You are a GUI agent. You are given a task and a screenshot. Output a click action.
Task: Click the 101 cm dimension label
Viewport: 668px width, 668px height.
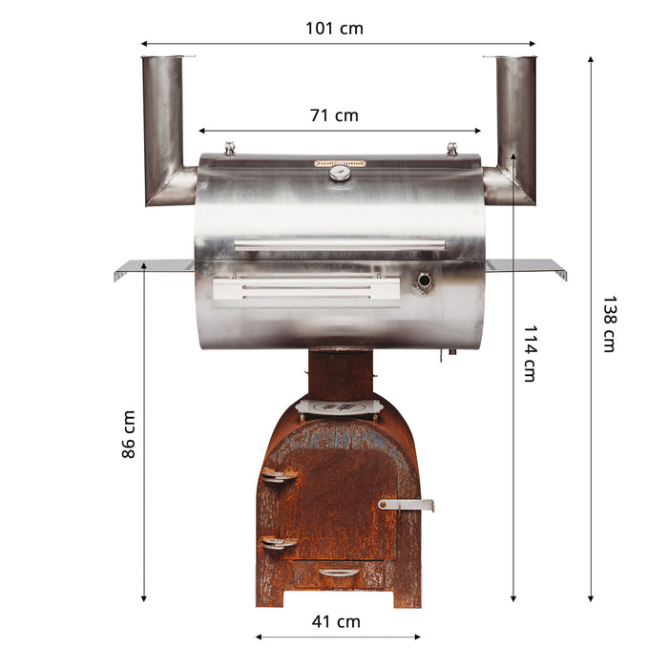click(334, 29)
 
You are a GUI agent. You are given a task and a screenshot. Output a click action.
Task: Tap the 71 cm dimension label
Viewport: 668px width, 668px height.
click(334, 115)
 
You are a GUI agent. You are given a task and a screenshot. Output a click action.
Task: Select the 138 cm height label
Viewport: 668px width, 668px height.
click(608, 324)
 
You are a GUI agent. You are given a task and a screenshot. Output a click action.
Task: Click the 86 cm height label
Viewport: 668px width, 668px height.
click(129, 434)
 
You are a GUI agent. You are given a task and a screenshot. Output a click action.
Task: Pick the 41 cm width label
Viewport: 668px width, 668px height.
click(336, 621)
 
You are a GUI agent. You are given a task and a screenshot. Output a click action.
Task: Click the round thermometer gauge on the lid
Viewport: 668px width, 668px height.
click(340, 174)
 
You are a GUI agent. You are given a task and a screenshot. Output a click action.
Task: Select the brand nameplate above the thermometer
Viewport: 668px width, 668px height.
click(340, 163)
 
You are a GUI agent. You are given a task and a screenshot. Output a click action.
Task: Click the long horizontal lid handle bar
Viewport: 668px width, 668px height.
click(340, 245)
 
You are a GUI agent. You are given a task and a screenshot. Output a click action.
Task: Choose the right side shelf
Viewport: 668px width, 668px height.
click(526, 265)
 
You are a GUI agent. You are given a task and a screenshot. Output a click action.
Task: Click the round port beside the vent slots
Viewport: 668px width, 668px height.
click(424, 282)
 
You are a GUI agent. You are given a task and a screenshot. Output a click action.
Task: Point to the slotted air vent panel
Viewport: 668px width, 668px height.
click(305, 290)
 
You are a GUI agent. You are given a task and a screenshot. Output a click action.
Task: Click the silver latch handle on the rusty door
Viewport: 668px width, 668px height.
click(407, 503)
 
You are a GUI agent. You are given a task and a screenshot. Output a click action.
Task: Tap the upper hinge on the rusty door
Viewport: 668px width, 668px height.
click(279, 476)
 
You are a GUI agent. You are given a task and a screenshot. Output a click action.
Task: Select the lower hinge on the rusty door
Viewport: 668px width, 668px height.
click(279, 543)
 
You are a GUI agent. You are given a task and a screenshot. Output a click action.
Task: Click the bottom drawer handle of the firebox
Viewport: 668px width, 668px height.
click(339, 573)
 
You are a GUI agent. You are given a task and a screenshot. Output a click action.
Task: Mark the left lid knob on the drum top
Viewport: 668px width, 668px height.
click(229, 148)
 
